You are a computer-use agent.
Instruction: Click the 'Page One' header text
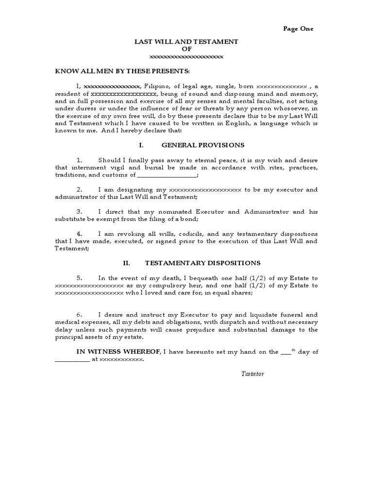(x=298, y=29)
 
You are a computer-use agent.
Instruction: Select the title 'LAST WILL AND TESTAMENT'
(x=186, y=42)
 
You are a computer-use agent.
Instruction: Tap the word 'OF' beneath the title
(x=186, y=49)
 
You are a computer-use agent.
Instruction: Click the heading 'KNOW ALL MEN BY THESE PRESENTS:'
(x=122, y=71)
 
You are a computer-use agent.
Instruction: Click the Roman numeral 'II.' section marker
(x=127, y=263)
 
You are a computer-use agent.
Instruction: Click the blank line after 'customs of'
(x=167, y=175)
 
